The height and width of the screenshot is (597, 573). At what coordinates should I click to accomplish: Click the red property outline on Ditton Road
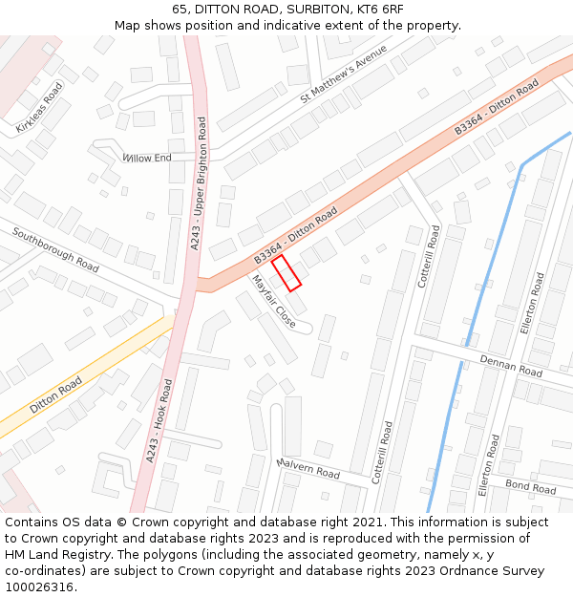pos(286,272)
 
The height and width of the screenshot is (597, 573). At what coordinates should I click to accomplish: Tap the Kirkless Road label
pos(40,106)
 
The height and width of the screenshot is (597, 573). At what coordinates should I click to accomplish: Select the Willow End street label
pos(147,158)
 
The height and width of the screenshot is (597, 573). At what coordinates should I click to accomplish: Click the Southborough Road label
pos(55,250)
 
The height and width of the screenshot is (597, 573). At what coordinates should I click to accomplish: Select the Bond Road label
pos(530,486)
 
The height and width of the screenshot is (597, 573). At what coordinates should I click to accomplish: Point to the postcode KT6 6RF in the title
pos(374,9)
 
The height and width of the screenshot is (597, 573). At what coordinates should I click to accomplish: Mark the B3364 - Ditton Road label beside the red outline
pos(296,238)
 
